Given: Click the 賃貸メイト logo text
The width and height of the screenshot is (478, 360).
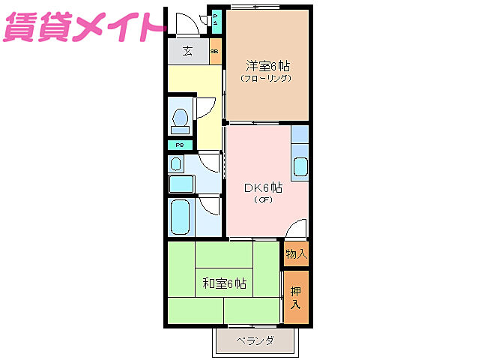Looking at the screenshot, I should (82, 28).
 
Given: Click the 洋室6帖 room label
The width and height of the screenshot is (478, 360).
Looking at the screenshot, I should (267, 65).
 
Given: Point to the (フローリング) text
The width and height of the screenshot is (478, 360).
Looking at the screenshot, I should (267, 78).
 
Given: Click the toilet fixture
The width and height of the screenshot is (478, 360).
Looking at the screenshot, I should (180, 118).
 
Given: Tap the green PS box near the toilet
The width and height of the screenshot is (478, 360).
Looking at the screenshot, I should (180, 145).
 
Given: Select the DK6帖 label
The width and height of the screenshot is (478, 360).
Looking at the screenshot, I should (263, 187).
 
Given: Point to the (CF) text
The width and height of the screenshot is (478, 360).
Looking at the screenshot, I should (262, 200).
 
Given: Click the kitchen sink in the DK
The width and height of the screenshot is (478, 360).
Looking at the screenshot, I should (300, 166).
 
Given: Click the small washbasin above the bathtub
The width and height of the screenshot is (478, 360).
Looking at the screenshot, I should (176, 163).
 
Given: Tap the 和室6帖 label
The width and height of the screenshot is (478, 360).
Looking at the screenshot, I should (225, 283).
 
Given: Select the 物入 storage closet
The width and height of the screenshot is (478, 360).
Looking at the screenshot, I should (297, 253).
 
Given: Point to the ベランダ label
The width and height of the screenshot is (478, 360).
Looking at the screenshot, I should (255, 341).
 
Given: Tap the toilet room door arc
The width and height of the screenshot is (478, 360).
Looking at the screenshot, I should (205, 108).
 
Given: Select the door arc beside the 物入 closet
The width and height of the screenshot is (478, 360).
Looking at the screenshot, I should (297, 228).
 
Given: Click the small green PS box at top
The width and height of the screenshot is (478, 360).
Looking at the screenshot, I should (216, 19).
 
